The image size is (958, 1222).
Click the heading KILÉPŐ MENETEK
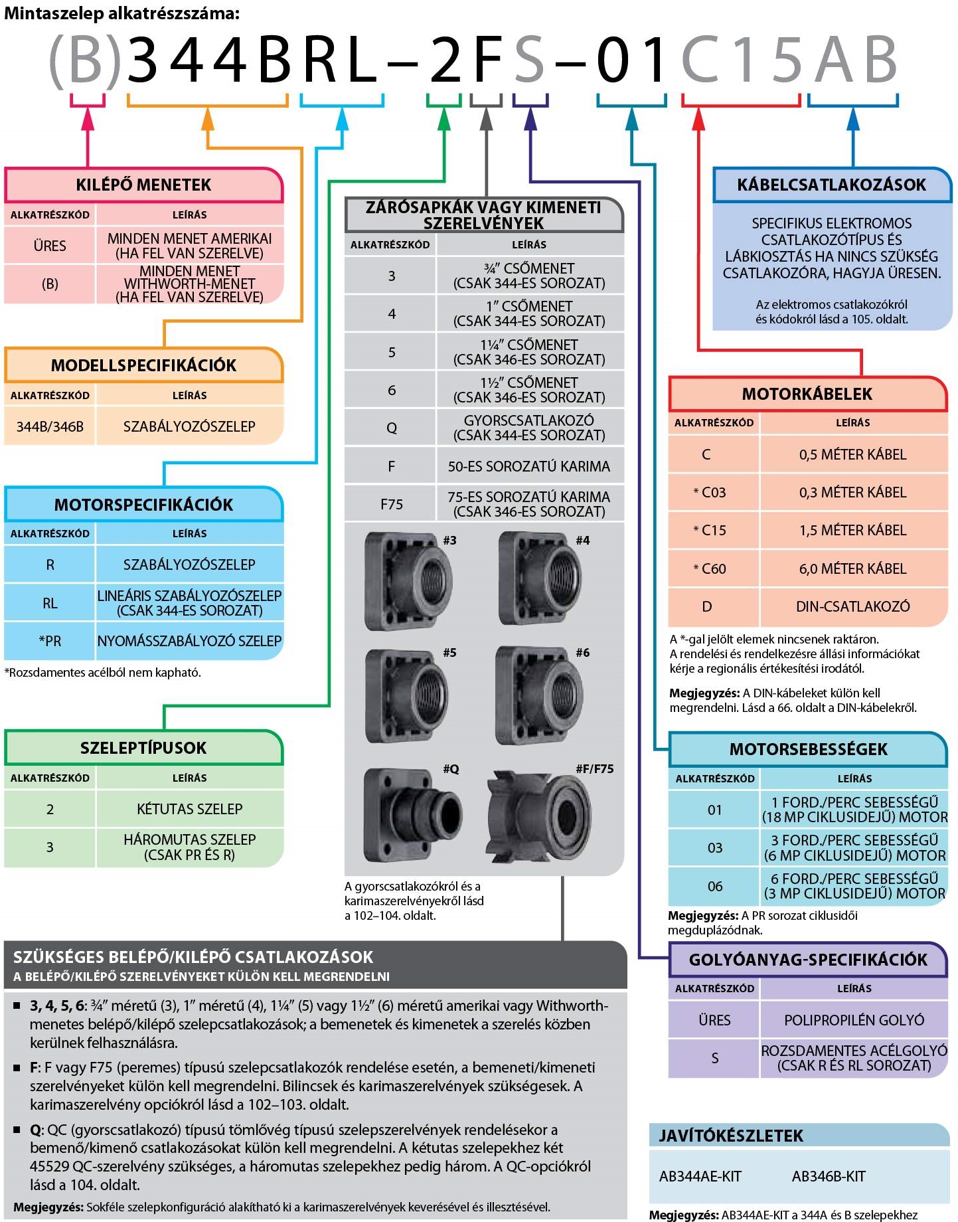coord(143,185)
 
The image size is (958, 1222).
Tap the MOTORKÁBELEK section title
coord(807,394)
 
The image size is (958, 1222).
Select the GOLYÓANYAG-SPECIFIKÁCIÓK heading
coord(808,960)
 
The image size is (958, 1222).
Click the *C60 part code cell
coord(710,568)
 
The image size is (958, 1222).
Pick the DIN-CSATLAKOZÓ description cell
coord(852,606)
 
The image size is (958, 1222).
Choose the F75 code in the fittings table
coord(391,504)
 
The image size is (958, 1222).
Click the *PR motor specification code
coord(50,641)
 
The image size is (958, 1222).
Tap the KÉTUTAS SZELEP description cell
coord(189,809)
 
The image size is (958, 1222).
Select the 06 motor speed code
coord(714,886)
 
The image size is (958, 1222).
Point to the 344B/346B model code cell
coord(50,426)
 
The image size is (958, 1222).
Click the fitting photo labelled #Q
coord(412,814)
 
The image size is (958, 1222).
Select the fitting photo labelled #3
coord(408,581)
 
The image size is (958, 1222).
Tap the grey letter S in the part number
coord(529,60)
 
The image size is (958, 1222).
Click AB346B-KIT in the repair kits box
coord(829,1176)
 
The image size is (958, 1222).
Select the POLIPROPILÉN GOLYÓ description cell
coord(854,1019)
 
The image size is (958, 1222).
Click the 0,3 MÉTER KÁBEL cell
coord(852,492)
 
